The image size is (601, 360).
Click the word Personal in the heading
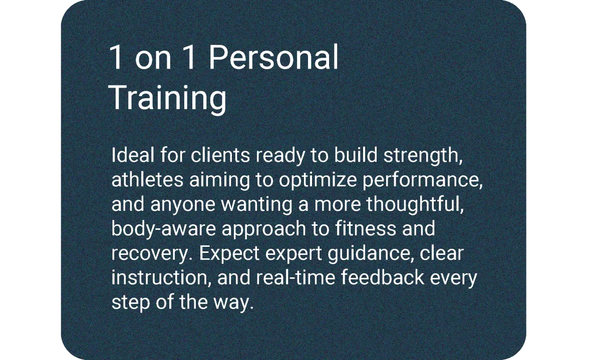click(x=273, y=58)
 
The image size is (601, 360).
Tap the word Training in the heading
click(x=168, y=98)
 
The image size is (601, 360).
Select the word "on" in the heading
click(x=153, y=61)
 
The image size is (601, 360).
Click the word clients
click(x=220, y=155)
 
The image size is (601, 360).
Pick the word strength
click(x=423, y=156)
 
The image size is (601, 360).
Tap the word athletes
click(x=147, y=180)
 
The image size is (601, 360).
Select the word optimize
click(x=318, y=181)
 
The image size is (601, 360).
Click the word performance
click(x=423, y=181)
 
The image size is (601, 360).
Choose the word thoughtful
click(x=415, y=205)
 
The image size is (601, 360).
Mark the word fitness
click(x=366, y=228)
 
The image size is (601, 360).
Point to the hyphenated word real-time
click(x=295, y=277)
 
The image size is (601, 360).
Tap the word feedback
click(x=383, y=277)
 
